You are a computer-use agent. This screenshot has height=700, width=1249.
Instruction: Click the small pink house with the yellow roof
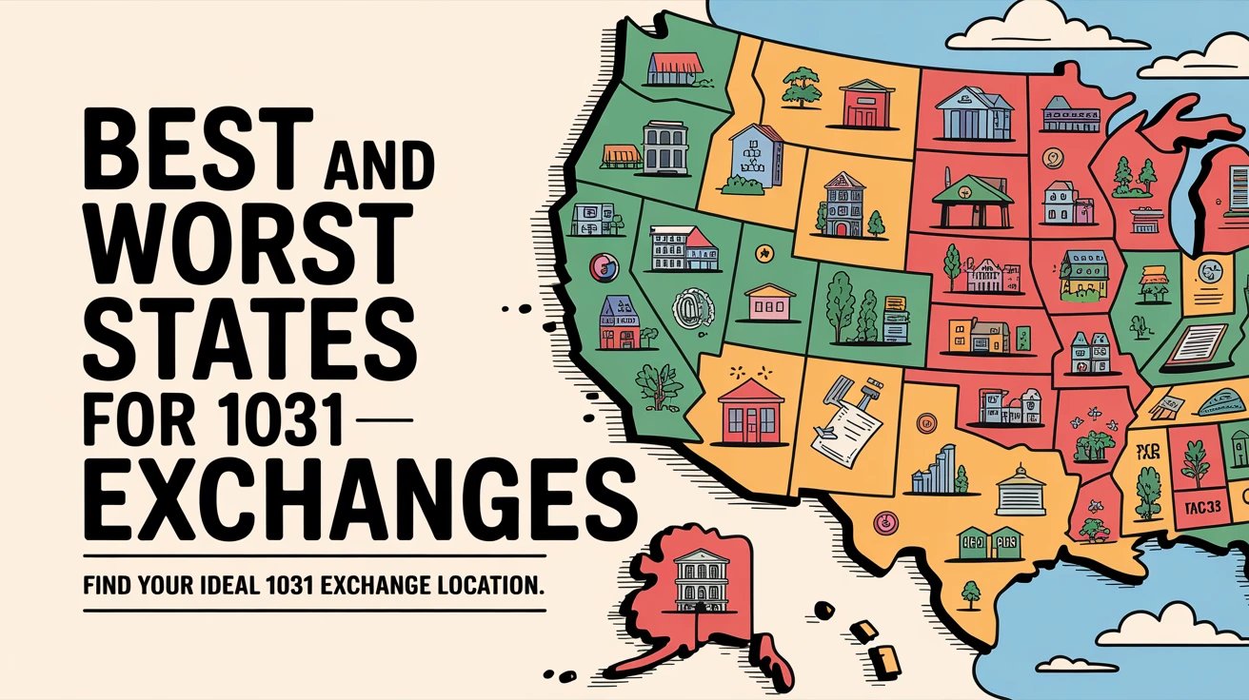coord(770,301)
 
